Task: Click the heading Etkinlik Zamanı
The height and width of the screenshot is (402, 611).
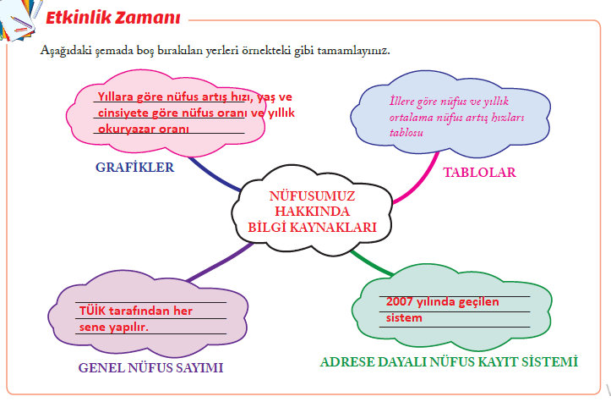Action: tap(113, 18)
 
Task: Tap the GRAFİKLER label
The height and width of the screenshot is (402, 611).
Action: tap(135, 167)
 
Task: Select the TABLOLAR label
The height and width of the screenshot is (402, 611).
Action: tap(479, 172)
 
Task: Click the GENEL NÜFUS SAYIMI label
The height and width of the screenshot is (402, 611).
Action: tap(150, 367)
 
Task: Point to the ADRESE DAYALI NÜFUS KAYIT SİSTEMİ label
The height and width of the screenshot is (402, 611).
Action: tap(449, 362)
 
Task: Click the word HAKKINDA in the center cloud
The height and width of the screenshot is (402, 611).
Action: tap(312, 211)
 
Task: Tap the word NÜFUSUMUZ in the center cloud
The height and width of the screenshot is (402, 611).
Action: tap(312, 195)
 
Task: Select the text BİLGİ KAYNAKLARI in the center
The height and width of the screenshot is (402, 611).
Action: tap(312, 227)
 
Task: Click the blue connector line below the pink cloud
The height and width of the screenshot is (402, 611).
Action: tap(214, 175)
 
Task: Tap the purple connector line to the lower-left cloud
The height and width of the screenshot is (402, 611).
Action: tap(221, 262)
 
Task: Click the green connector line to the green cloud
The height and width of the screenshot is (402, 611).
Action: tap(371, 264)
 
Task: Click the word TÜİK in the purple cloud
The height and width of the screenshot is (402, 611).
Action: tap(92, 311)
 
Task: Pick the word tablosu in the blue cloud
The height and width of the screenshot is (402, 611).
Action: tap(406, 133)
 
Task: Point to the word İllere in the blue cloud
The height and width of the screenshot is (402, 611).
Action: tap(401, 101)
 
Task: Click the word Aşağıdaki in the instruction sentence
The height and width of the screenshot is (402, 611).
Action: tap(66, 51)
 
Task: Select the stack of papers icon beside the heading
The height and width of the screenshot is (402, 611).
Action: tap(18, 19)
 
